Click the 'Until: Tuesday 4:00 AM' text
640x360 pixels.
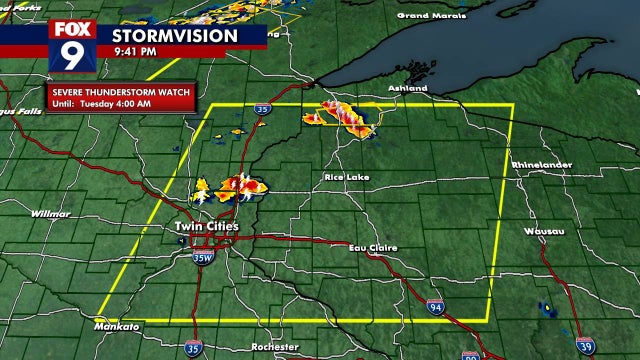103,103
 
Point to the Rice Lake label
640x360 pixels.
346,177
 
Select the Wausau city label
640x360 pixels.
544,231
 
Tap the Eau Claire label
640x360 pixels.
373,247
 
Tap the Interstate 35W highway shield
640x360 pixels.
203,258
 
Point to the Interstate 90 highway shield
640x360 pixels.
471,354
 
